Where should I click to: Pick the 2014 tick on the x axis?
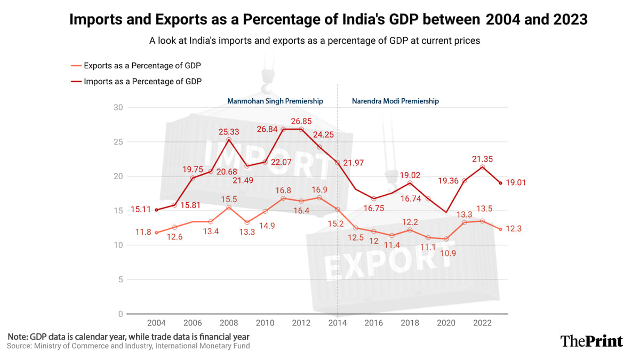[x=338, y=323]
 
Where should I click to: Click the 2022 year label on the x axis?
[x=482, y=323]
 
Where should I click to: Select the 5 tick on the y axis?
[x=121, y=279]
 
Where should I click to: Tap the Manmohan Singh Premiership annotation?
[x=275, y=101]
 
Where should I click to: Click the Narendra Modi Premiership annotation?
[x=395, y=101]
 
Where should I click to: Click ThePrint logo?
[x=591, y=341]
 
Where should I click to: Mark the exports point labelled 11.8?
[x=156, y=233]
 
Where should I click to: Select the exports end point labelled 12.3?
[x=500, y=229]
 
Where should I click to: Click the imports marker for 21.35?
[x=482, y=167]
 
